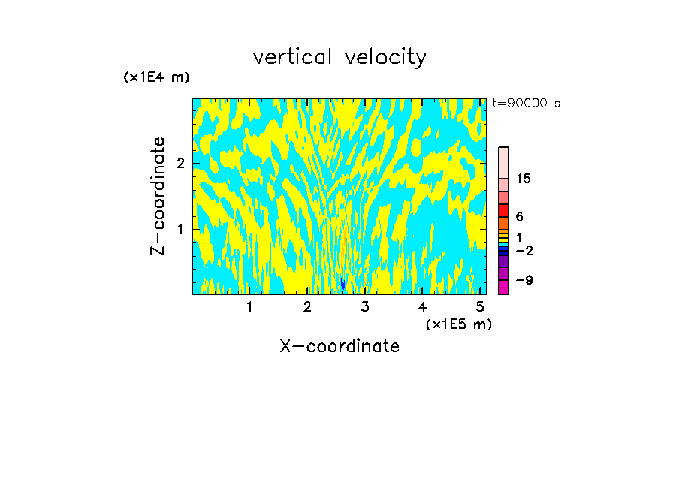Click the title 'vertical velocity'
coord(339,57)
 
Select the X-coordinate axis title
coord(339,346)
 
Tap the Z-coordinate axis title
coord(158,196)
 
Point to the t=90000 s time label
coord(526,104)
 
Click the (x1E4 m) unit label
coord(156,77)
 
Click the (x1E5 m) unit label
coord(458,324)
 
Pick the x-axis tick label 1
coord(249,307)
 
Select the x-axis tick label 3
coord(365,307)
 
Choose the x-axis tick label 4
coord(423,307)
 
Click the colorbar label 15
coord(524,179)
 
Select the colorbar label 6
coord(519,217)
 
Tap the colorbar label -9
coord(524,280)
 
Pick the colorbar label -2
coord(524,251)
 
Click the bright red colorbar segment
coord(504,210)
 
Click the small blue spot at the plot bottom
coord(343,284)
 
